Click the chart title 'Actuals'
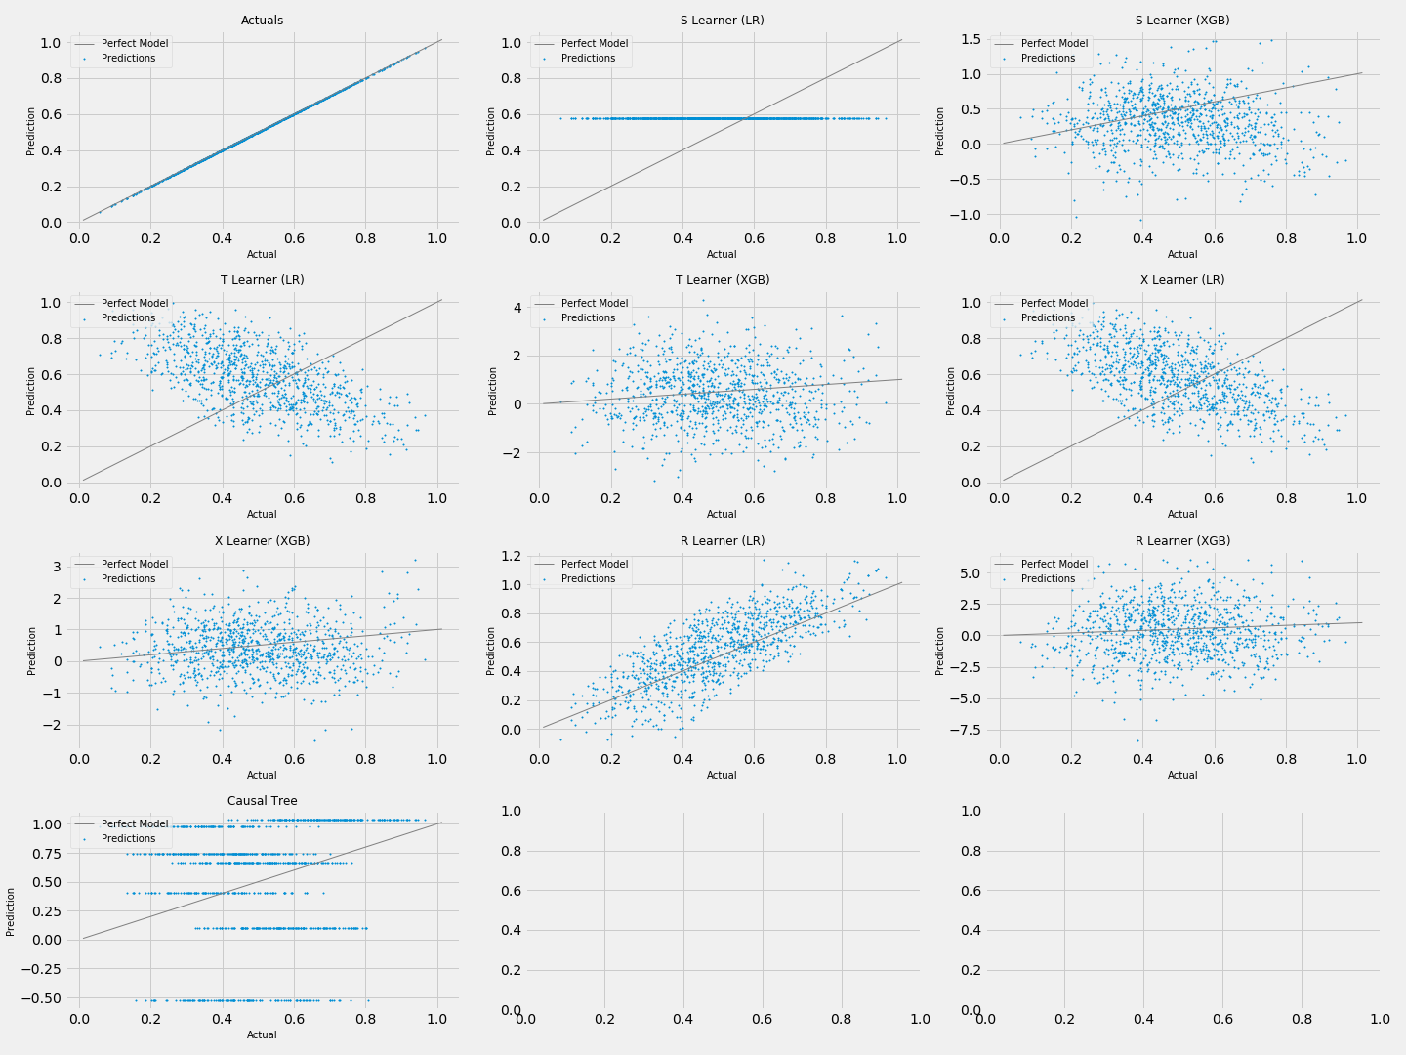point(262,21)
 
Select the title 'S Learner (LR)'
point(722,21)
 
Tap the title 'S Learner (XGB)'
point(1181,21)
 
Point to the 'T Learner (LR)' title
point(262,280)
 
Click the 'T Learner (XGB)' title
point(722,280)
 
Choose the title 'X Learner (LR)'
point(1181,280)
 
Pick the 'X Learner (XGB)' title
point(262,541)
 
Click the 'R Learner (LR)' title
point(722,541)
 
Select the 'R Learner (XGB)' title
point(1181,541)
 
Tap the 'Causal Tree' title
point(262,801)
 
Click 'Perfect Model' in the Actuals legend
point(134,44)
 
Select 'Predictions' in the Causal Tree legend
point(128,838)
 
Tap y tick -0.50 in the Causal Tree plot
point(44,998)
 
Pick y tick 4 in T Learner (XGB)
point(519,308)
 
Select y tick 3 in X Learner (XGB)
point(60,567)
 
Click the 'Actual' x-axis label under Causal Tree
point(262,1034)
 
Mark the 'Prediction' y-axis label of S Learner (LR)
point(491,131)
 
